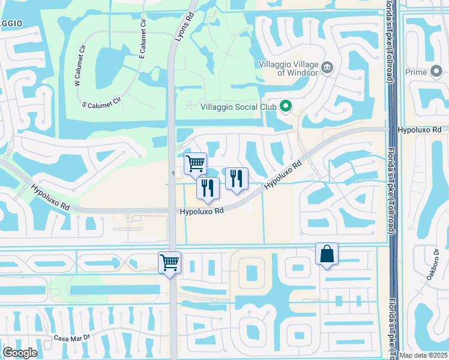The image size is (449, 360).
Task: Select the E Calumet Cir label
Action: click(143, 40)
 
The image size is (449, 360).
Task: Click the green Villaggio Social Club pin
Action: click(286, 107)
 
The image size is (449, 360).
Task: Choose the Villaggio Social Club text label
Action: click(238, 107)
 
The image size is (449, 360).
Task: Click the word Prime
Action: click(415, 72)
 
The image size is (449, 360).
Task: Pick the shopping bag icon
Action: click(327, 254)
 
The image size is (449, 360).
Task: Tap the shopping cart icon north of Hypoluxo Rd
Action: click(195, 163)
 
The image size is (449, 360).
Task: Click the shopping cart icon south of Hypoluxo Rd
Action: click(169, 262)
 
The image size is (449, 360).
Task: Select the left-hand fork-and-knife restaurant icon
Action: click(208, 188)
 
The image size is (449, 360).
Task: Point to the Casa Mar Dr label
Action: click(71, 338)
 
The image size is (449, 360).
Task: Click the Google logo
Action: click(20, 353)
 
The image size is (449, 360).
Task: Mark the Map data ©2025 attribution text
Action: click(423, 355)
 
